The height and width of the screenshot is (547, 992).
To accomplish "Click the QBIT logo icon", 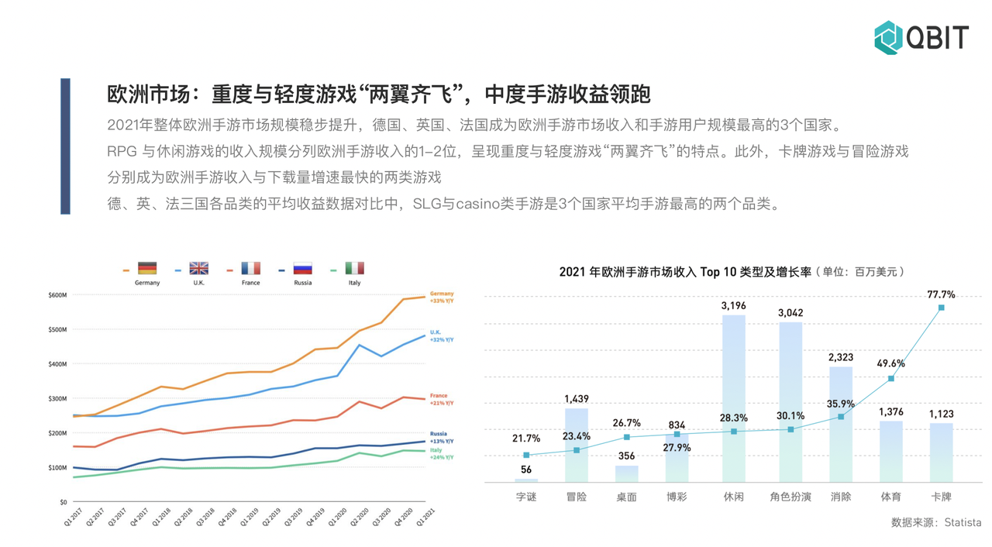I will pos(889,36).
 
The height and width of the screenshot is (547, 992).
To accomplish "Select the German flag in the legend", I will pos(147,269).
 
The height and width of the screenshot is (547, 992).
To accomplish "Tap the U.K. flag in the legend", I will pos(199,269).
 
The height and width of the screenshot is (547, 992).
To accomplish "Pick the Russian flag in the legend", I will pos(302,269).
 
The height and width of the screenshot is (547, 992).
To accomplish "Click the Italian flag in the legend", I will pos(354,269).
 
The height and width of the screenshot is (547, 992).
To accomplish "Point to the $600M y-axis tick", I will pos(58,295).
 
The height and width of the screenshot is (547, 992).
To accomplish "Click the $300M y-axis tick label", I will pos(58,398).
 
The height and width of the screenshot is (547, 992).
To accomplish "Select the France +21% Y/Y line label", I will pos(441,400).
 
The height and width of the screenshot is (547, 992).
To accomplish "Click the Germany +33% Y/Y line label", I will pos(442,297).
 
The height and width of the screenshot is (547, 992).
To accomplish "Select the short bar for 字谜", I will pos(526,480).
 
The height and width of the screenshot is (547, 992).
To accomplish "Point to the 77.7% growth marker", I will pos(942,308).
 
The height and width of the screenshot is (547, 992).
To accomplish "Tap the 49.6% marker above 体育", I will pos(891,378).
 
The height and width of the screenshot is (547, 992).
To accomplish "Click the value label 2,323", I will pos(841,357).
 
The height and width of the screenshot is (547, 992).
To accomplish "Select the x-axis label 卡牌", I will pos(941,497).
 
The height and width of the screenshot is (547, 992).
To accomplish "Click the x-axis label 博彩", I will pos(677,497).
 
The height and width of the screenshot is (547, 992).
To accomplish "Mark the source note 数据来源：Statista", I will pos(936,522).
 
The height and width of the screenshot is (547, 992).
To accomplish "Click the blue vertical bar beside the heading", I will pos(65,146).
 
